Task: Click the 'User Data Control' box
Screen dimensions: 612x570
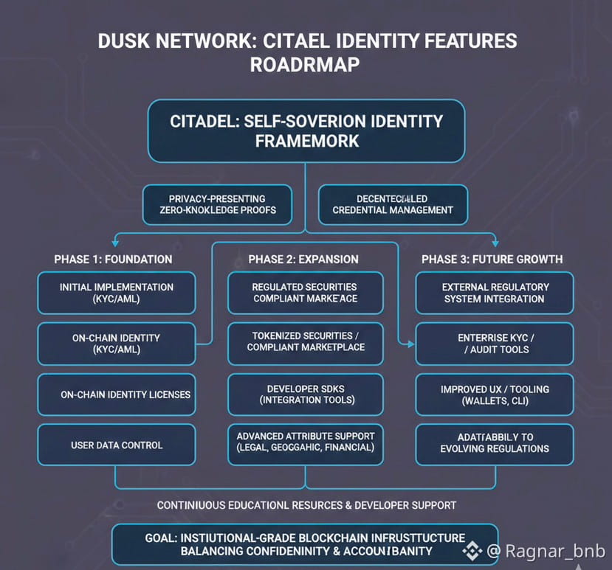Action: coord(117,445)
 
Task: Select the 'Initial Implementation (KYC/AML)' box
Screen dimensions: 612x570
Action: coord(117,293)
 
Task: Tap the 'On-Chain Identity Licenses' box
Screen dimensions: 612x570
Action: coord(117,395)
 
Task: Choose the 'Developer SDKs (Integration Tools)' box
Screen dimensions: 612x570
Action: coord(305,394)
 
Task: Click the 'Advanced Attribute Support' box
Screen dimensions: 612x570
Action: coord(305,444)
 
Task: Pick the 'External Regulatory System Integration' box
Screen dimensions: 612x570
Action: coord(495,293)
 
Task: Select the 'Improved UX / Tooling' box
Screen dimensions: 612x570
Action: coord(495,394)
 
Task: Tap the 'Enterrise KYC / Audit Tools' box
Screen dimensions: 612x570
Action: coord(495,343)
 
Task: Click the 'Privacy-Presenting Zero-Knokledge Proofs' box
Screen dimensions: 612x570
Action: coord(216,204)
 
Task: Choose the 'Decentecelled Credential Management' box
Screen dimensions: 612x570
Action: coord(393,204)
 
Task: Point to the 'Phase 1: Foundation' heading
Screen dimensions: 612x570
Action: coord(113,259)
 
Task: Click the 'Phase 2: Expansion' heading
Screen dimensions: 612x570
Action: coord(303,259)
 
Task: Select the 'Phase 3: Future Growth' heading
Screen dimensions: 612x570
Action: coord(492,259)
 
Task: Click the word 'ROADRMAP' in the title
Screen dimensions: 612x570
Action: coord(305,65)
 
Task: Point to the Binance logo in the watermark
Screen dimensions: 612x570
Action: coord(472,550)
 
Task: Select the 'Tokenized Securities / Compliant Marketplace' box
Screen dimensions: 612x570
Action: coord(305,343)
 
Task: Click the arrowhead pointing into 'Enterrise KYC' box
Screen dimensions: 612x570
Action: coord(409,343)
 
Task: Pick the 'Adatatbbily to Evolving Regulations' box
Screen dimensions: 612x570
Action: coord(495,444)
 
